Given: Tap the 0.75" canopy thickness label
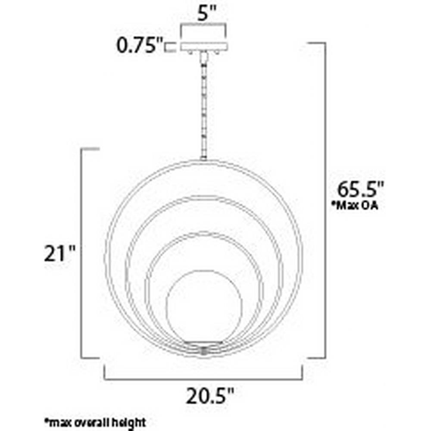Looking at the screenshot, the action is [140, 45].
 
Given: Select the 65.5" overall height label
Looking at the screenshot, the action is [360, 189].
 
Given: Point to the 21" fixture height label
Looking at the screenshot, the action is [59, 254].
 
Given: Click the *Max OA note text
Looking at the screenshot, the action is [355, 206].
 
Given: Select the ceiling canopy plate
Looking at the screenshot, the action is [204, 47].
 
